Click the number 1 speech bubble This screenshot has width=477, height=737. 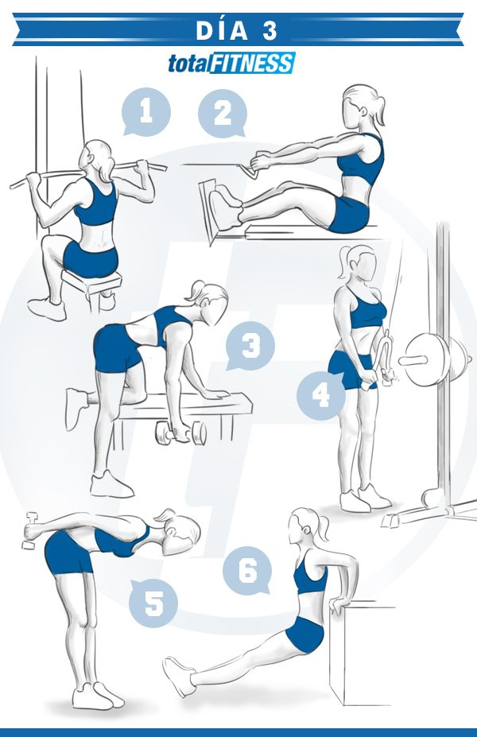[145, 112]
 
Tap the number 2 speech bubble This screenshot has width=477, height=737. [223, 113]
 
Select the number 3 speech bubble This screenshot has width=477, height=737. [250, 346]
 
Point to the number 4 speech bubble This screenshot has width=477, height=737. [321, 395]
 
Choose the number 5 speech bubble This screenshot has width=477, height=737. [153, 603]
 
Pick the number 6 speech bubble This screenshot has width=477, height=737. [247, 571]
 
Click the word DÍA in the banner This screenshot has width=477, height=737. [222, 31]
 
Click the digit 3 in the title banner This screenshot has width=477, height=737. [270, 31]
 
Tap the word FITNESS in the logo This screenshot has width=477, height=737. [251, 64]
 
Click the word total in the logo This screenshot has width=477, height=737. [188, 64]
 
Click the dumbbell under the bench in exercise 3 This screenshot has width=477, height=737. [181, 433]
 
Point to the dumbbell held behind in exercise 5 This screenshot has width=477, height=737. [31, 530]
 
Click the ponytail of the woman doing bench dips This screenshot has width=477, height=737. [324, 527]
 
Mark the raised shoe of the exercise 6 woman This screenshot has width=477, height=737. [179, 676]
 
